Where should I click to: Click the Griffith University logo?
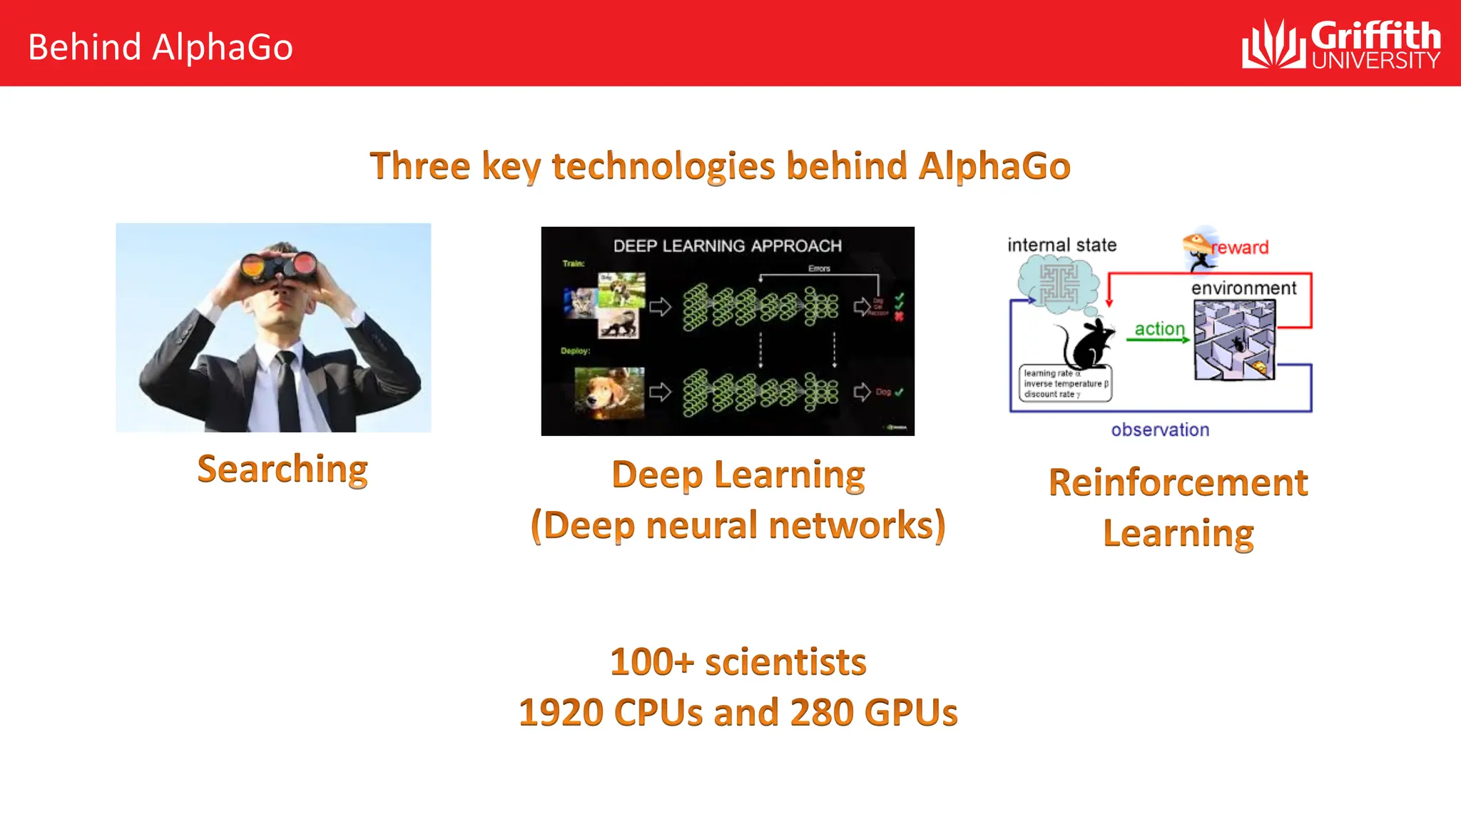(1341, 44)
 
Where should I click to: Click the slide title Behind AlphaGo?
(161, 47)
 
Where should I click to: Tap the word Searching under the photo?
(282, 470)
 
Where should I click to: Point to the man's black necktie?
(288, 392)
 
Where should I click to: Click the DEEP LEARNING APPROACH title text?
(727, 246)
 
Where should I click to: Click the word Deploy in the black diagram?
(575, 351)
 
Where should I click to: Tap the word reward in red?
(1241, 248)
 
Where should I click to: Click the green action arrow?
(1158, 340)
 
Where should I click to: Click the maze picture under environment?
(1234, 340)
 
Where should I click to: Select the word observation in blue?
(1160, 430)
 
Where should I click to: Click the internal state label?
(1062, 245)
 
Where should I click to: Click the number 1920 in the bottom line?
(561, 713)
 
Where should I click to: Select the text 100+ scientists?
(738, 662)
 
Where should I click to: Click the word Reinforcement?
(1178, 483)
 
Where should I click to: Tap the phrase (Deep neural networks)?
(738, 526)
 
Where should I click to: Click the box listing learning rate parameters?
(1065, 384)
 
